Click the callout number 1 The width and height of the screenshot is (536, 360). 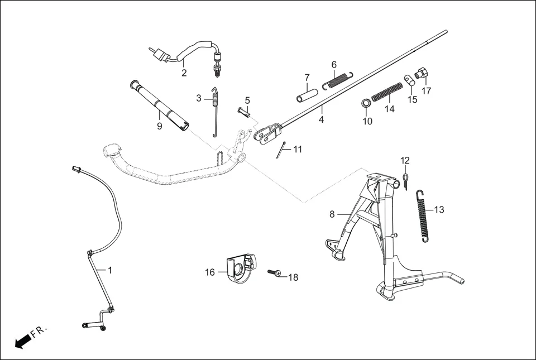click(x=110, y=270)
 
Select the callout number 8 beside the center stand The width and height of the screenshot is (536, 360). click(x=332, y=214)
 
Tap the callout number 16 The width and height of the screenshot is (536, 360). click(x=210, y=272)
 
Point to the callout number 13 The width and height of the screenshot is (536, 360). click(x=439, y=210)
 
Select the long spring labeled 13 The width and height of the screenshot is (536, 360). click(x=424, y=216)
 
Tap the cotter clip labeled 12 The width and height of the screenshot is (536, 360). click(x=405, y=181)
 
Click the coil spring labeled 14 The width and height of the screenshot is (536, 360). click(x=387, y=92)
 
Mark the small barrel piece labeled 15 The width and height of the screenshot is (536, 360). click(x=409, y=80)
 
